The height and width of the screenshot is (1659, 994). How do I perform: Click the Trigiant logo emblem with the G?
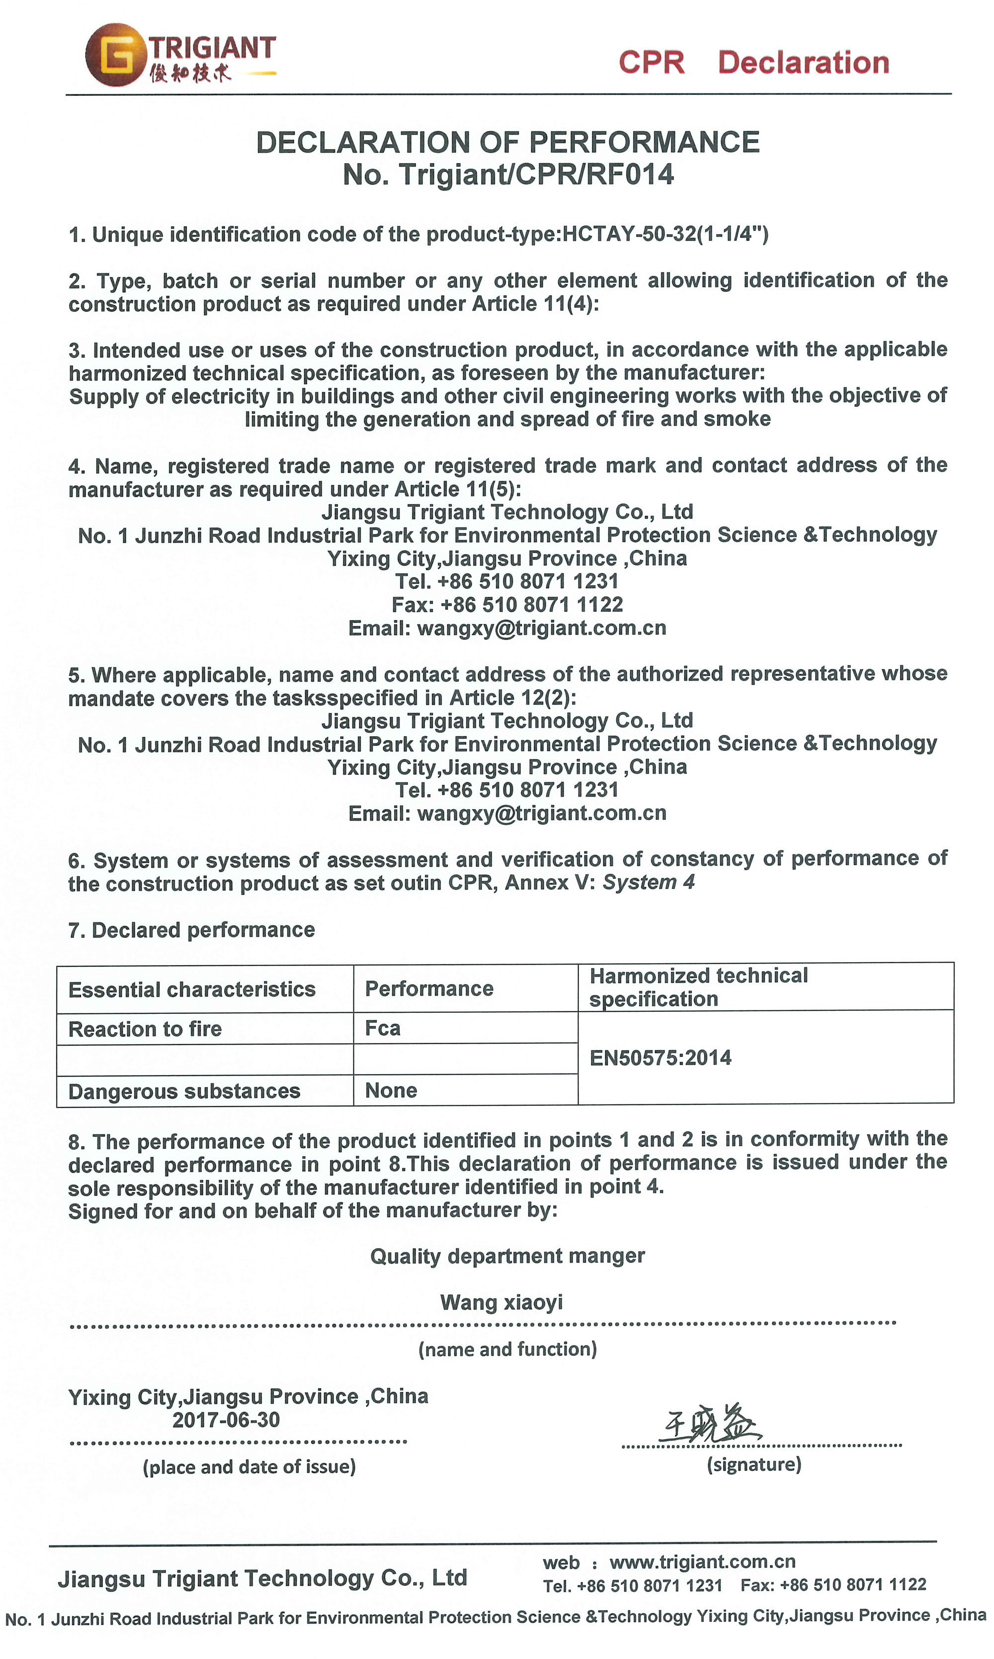coord(115,55)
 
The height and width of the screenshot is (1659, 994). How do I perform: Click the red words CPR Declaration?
coord(753,62)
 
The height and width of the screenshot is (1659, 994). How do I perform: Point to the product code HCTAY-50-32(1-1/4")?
coord(665,235)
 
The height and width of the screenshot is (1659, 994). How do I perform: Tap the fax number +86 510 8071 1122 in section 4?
coord(532,605)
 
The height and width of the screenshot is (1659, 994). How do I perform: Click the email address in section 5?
coord(541,813)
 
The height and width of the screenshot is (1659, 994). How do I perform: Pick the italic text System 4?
coord(649,883)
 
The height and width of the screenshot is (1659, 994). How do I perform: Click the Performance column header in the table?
coord(429,989)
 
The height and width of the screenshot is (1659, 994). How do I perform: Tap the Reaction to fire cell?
coord(145,1029)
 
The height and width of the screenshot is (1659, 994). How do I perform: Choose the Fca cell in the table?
coord(383,1028)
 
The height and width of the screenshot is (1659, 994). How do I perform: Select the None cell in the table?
coord(391,1090)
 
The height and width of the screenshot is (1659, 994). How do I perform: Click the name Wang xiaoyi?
coord(501,1303)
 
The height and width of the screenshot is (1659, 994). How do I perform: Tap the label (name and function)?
coord(507,1349)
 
